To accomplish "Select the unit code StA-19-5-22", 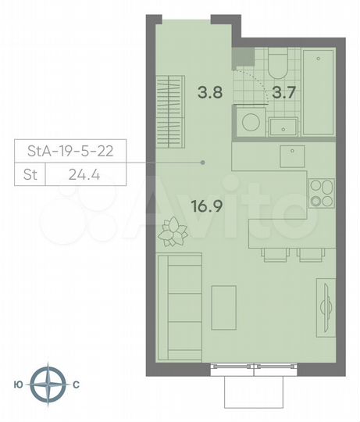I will coord(70,152).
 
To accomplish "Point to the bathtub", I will coord(319,91).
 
